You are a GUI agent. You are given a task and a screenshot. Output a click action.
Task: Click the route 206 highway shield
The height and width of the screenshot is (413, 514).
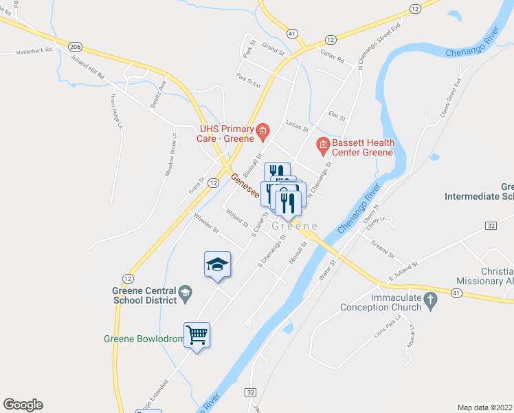(x=76, y=45)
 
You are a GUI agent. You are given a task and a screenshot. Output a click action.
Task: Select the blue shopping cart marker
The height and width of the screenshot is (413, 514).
(x=197, y=336)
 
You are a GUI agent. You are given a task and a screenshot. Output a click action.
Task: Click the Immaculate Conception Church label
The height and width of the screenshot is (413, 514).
(x=379, y=303)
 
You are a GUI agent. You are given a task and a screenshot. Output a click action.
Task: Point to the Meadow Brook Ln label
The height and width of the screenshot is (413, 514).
(x=170, y=154)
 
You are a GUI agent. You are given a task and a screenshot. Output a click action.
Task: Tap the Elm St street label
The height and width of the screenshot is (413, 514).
(x=336, y=115)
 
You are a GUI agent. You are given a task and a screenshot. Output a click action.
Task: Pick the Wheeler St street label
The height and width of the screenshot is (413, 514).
(x=205, y=223)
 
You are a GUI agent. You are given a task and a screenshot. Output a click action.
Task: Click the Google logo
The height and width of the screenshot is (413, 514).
(x=23, y=405)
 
